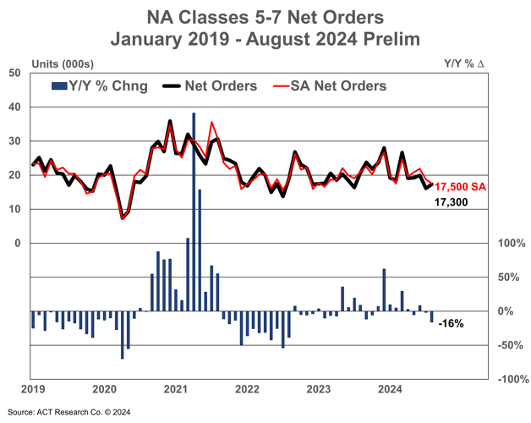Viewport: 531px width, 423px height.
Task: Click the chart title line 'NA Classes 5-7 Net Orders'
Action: pyautogui.click(x=265, y=17)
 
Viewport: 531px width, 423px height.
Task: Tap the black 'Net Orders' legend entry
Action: pyautogui.click(x=215, y=85)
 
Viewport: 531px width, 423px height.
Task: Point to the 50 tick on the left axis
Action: pyautogui.click(x=15, y=74)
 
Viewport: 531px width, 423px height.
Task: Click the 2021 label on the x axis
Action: pyautogui.click(x=175, y=390)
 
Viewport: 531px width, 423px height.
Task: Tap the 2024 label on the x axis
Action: pyautogui.click(x=389, y=390)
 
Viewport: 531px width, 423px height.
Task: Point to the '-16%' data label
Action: pyautogui.click(x=451, y=324)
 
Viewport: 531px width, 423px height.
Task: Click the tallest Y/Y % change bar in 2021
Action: pyautogui.click(x=194, y=211)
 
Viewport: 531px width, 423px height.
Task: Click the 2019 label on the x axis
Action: pyautogui.click(x=32, y=390)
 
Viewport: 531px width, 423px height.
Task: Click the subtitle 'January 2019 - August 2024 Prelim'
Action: pyautogui.click(x=265, y=39)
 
